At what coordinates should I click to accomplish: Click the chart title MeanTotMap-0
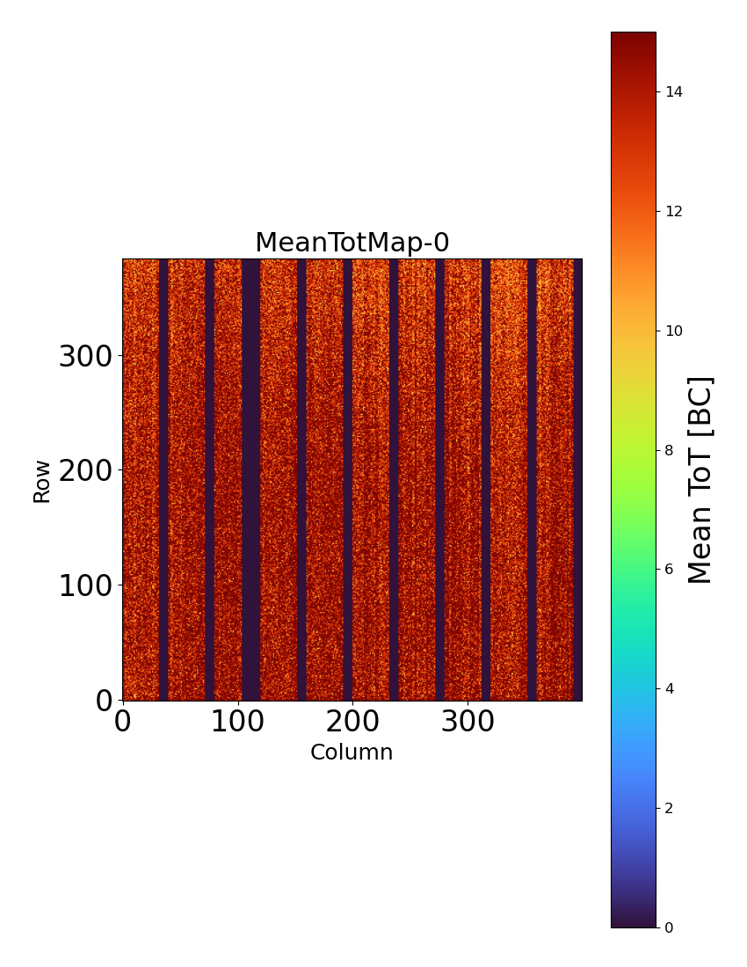(x=352, y=243)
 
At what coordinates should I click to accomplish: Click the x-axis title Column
(x=352, y=753)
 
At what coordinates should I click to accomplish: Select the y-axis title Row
(x=42, y=480)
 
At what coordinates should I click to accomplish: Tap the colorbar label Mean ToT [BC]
(x=700, y=480)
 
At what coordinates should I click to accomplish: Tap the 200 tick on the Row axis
(x=85, y=471)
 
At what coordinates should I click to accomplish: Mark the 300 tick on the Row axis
(x=85, y=357)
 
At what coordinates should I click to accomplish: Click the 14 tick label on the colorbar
(x=674, y=92)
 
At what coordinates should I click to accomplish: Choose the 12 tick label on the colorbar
(x=674, y=212)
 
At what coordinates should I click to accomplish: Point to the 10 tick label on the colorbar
(x=674, y=331)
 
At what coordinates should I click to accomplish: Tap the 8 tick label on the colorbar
(x=670, y=450)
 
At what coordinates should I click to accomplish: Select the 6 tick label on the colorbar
(x=670, y=570)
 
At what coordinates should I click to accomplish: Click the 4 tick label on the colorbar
(x=670, y=688)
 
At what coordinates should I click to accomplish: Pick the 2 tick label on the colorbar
(x=670, y=808)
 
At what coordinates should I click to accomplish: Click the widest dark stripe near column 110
(x=251, y=480)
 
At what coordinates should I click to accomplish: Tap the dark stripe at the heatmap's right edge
(x=577, y=480)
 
